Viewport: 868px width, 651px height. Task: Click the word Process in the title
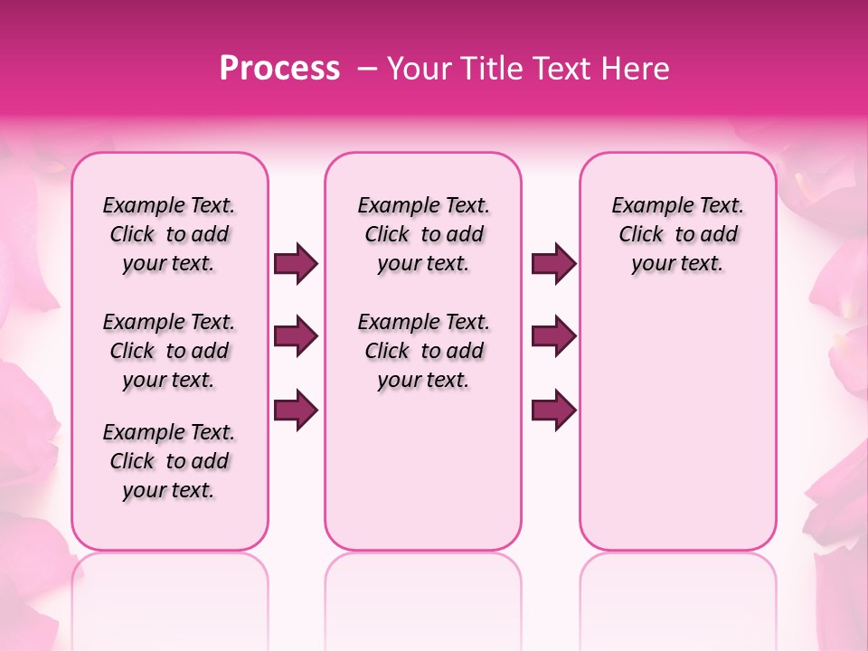(x=279, y=69)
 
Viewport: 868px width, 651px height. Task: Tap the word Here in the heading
(x=636, y=69)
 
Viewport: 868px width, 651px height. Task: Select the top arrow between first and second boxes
(x=296, y=264)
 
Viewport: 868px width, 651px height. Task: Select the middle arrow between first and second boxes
(x=296, y=337)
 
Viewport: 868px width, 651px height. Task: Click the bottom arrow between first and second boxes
(x=296, y=410)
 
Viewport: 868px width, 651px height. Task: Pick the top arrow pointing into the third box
(x=553, y=264)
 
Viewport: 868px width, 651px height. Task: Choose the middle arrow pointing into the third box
(x=553, y=337)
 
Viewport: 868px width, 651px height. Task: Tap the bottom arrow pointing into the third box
(x=553, y=410)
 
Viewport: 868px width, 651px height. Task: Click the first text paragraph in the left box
(x=169, y=234)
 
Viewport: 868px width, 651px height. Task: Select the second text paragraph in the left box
(x=169, y=351)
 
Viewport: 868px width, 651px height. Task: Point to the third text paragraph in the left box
(x=169, y=461)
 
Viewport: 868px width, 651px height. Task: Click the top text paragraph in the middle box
(x=424, y=234)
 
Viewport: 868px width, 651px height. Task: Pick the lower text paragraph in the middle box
(x=424, y=351)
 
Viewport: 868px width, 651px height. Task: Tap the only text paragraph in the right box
(x=678, y=234)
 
